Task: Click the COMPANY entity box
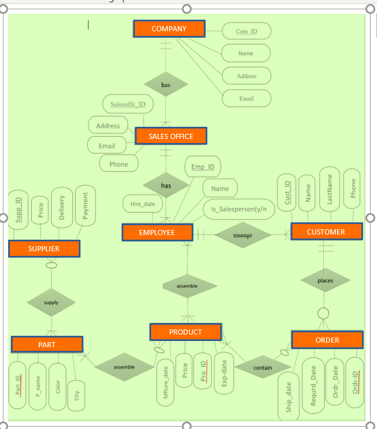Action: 169,29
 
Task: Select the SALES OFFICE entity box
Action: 170,137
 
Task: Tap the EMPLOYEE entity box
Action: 157,233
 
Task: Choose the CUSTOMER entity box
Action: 326,232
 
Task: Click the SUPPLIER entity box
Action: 44,249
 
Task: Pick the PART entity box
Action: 47,344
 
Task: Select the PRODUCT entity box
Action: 185,332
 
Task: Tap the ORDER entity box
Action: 327,340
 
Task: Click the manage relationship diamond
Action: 243,235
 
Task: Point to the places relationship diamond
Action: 325,281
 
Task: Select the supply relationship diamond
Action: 51,303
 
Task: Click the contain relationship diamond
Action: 262,368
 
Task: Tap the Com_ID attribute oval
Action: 246,31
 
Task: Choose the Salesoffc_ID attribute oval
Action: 127,105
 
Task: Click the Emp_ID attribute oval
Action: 202,167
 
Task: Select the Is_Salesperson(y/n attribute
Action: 239,209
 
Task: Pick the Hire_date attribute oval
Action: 142,204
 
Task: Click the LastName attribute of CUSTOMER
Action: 330,190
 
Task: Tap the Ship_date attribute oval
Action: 288,397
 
